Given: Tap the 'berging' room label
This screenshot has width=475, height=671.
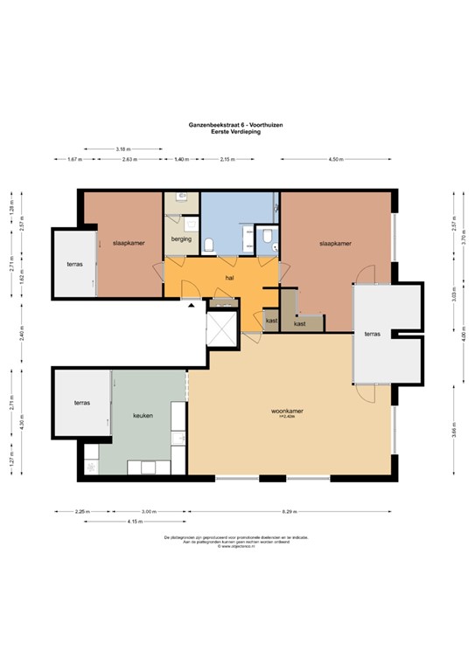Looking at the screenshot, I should pos(181,239).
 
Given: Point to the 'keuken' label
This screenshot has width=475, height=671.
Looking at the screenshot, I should pos(143,416).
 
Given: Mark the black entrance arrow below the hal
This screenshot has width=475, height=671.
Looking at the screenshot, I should pos(192,305).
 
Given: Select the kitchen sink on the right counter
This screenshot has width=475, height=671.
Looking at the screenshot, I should pos(179,439).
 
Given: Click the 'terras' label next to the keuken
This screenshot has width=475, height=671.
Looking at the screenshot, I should pos(81,403).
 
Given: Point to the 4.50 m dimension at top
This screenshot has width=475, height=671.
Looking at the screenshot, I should pos(335,160).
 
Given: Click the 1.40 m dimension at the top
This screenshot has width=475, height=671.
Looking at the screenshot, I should pos(181,160).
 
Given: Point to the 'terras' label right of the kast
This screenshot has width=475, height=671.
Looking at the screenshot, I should pos(373,334).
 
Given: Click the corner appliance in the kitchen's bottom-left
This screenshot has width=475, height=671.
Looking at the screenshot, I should pos(92,467).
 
